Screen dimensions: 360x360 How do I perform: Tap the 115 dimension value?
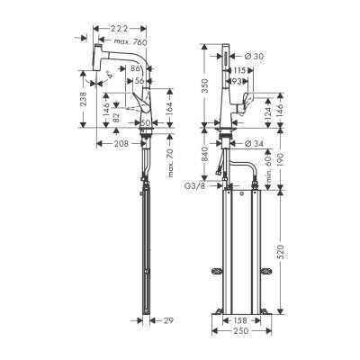[x=240, y=71]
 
